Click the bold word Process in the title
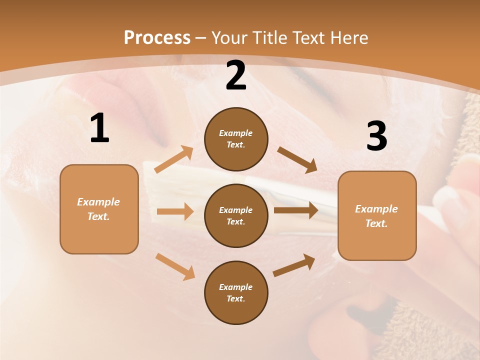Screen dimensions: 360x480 pyautogui.click(x=157, y=38)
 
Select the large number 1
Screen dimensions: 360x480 pyautogui.click(x=99, y=128)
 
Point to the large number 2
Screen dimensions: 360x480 pyautogui.click(x=236, y=76)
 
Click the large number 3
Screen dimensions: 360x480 pyautogui.click(x=376, y=136)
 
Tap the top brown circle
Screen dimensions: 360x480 pyautogui.click(x=236, y=139)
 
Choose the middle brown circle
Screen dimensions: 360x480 pyautogui.click(x=236, y=215)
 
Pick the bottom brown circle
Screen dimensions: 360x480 pyautogui.click(x=236, y=292)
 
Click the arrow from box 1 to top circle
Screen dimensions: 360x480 pyautogui.click(x=173, y=160)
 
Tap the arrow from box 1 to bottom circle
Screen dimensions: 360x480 pyautogui.click(x=175, y=266)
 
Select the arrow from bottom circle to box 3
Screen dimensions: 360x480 pyautogui.click(x=294, y=265)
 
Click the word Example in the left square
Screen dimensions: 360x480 pyautogui.click(x=98, y=202)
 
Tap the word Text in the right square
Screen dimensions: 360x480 pyautogui.click(x=376, y=223)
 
